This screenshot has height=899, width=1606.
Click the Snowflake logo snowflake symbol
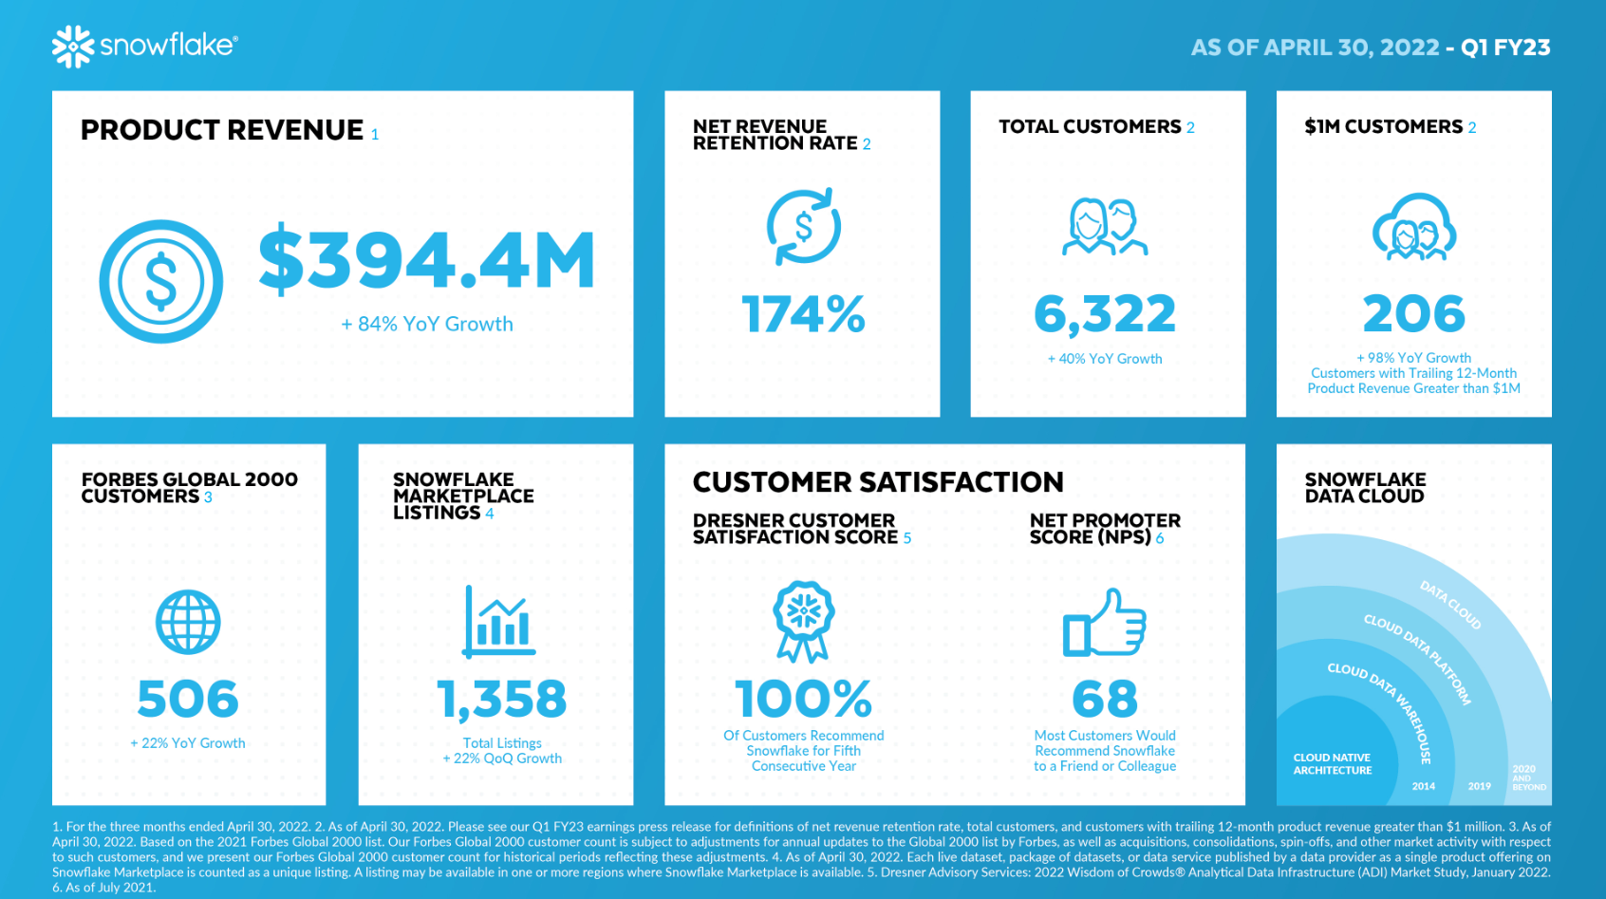point(73,47)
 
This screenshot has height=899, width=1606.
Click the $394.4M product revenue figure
point(427,260)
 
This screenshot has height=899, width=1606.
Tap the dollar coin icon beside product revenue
point(160,282)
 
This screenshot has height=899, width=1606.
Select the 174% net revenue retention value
point(803,314)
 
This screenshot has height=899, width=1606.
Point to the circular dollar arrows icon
point(804,227)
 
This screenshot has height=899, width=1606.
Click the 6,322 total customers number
point(1105,314)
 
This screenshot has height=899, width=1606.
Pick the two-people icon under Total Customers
point(1105,227)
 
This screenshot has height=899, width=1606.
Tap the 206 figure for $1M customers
point(1414,314)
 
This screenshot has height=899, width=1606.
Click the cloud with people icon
point(1414,228)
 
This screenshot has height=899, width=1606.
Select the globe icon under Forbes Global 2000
point(188,623)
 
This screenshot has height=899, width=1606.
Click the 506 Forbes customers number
point(188,699)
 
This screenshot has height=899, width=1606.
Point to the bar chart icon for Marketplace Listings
point(499,623)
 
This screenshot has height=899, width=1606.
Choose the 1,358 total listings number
point(502,699)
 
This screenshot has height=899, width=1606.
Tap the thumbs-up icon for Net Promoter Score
point(1105,624)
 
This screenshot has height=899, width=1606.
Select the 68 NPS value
point(1105,699)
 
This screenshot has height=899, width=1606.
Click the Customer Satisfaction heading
point(878,482)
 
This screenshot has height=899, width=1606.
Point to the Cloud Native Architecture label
point(1332,764)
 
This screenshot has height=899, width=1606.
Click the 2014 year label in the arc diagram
point(1424,786)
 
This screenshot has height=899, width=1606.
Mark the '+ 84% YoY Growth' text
point(427,325)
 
